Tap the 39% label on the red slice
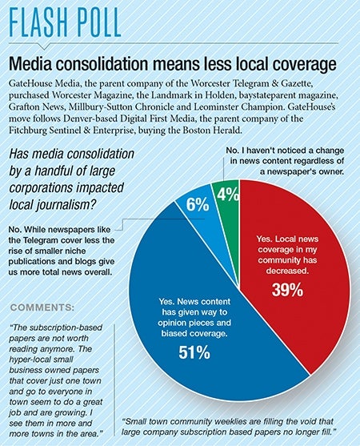287,290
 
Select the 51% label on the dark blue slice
194,352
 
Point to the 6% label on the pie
198,204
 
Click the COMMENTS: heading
42,307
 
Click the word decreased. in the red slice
287,271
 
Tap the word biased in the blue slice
174,333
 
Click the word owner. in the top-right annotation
330,172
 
